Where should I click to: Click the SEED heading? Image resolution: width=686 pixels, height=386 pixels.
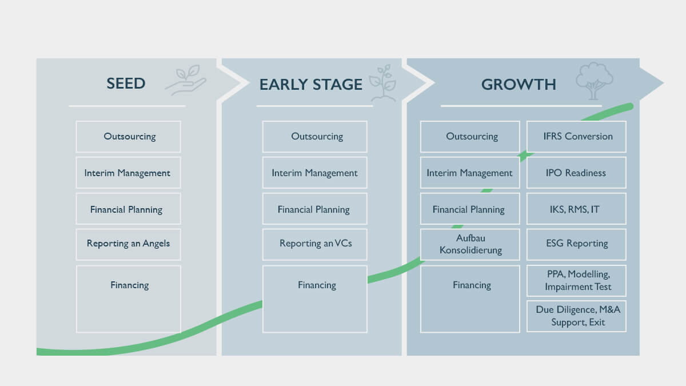126,83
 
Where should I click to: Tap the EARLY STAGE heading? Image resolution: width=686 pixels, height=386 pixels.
310,85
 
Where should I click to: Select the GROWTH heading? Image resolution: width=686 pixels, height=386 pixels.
518,85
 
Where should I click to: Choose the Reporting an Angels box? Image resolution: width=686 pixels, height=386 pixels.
128,244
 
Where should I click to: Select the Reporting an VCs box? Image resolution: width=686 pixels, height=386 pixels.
315,244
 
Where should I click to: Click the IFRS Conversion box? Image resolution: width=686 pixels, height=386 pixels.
576,137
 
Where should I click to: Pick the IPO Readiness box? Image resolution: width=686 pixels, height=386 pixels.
576,173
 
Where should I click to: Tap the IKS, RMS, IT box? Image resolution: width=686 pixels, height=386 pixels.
576,209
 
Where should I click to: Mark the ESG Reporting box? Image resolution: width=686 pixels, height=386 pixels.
576,244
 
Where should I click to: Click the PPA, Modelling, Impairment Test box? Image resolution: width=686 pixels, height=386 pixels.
576,281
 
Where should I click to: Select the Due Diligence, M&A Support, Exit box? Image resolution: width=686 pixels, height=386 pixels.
576,316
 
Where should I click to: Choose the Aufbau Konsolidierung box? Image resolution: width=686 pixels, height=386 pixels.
470,244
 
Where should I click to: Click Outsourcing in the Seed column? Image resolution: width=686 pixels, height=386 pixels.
129,137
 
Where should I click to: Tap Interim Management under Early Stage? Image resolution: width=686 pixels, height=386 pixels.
314,173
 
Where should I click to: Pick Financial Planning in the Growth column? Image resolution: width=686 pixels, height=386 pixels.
469,209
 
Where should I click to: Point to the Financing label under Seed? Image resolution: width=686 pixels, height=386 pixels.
129,285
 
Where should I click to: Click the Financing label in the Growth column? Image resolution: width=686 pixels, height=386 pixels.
472,285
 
